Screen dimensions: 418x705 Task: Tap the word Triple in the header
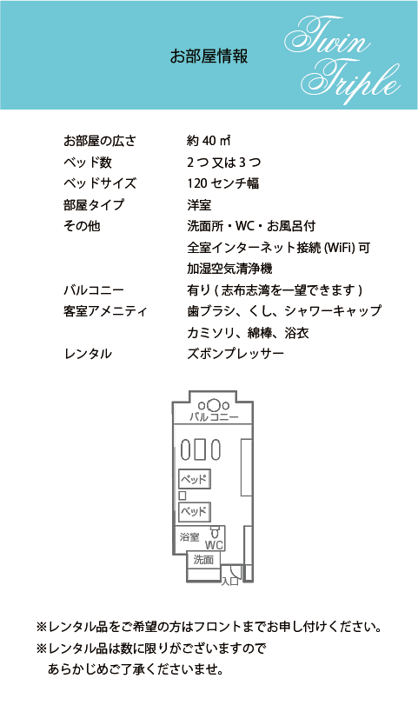pyautogui.click(x=350, y=82)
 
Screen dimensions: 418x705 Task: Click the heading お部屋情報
pyautogui.click(x=209, y=57)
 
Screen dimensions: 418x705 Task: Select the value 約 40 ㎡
pyautogui.click(x=209, y=141)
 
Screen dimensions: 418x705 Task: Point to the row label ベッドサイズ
pyautogui.click(x=100, y=183)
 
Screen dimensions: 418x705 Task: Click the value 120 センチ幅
pyautogui.click(x=223, y=183)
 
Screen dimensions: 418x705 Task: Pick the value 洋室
pyautogui.click(x=199, y=205)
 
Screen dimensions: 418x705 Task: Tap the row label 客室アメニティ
pyautogui.click(x=106, y=311)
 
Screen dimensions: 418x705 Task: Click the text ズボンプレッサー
pyautogui.click(x=236, y=354)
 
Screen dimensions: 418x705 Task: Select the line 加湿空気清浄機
pyautogui.click(x=229, y=269)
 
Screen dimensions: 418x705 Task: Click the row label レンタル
pyautogui.click(x=88, y=354)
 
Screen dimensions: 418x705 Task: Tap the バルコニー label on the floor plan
pyautogui.click(x=214, y=417)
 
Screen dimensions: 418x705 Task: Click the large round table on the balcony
pyautogui.click(x=214, y=406)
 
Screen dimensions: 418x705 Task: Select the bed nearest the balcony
pyautogui.click(x=194, y=479)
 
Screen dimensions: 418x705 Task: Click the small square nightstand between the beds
pyautogui.click(x=182, y=495)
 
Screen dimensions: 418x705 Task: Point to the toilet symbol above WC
pyautogui.click(x=215, y=532)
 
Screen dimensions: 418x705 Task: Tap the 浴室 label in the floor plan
pyautogui.click(x=189, y=537)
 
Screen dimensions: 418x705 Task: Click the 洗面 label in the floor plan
pyautogui.click(x=203, y=560)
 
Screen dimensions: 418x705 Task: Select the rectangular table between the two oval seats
pyautogui.click(x=201, y=449)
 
